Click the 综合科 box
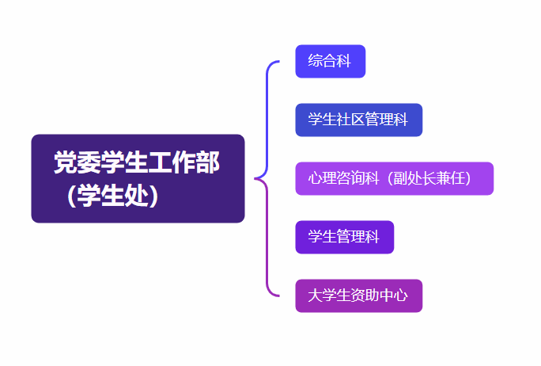[330, 61]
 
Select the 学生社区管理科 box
[358, 120]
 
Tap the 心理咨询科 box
[394, 178]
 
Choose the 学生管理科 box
[344, 237]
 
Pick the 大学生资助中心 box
[358, 295]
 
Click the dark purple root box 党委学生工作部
[138, 178]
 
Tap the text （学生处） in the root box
[112, 195]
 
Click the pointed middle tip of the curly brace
[256, 178]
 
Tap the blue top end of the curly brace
[277, 62]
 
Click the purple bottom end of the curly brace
[277, 295]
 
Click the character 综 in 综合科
[316, 61]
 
